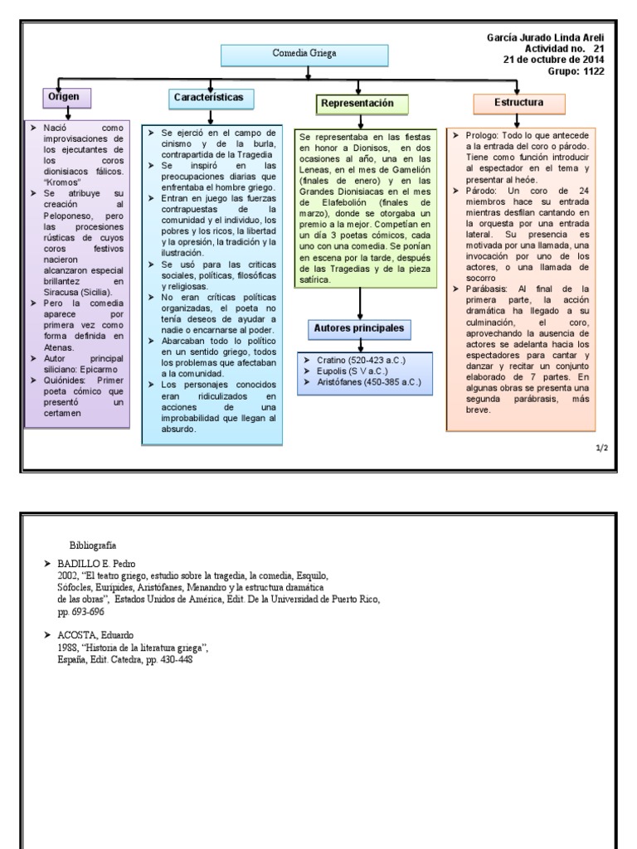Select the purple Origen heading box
(66, 97)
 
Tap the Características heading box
(209, 98)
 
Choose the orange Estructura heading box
(518, 103)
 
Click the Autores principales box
(359, 328)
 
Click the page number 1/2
(601, 448)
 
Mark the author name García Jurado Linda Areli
(544, 38)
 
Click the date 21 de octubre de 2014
(554, 60)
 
